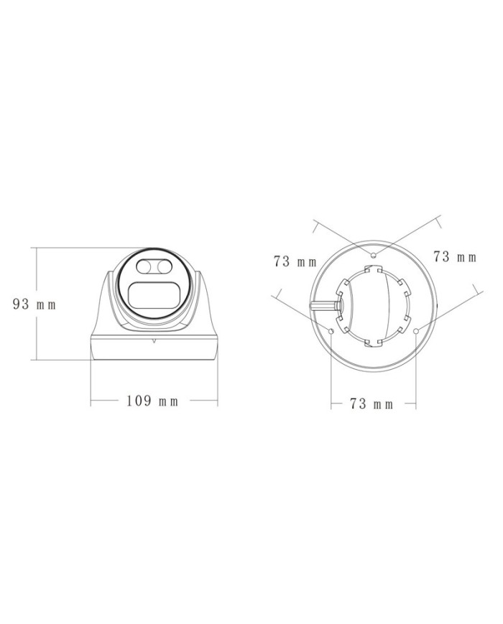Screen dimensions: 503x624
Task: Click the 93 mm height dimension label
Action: pyautogui.click(x=34, y=304)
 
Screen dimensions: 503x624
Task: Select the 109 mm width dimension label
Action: pyautogui.click(x=152, y=401)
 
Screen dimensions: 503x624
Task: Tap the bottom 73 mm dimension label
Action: pyautogui.click(x=372, y=404)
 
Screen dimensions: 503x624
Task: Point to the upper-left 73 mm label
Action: pyautogui.click(x=295, y=261)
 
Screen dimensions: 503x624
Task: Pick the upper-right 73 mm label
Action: pyautogui.click(x=455, y=256)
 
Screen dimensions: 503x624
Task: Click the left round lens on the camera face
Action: pyautogui.click(x=144, y=266)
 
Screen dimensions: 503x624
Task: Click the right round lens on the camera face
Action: pyautogui.click(x=163, y=266)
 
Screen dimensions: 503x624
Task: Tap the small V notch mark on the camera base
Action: pyautogui.click(x=154, y=340)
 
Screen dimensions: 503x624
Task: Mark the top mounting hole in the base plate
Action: pyautogui.click(x=373, y=254)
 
